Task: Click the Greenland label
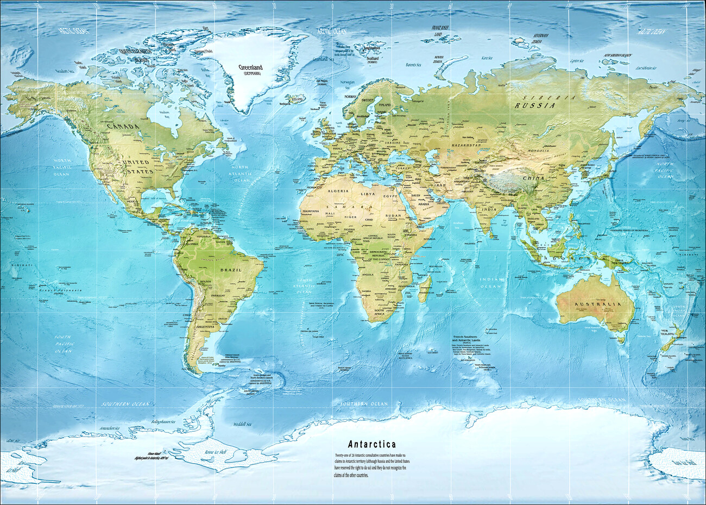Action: pos(250,68)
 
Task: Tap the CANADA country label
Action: pos(122,126)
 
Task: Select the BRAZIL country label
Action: pos(226,269)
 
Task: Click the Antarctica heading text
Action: pos(372,444)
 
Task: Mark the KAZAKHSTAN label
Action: pos(463,146)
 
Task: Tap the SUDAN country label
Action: pos(393,216)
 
